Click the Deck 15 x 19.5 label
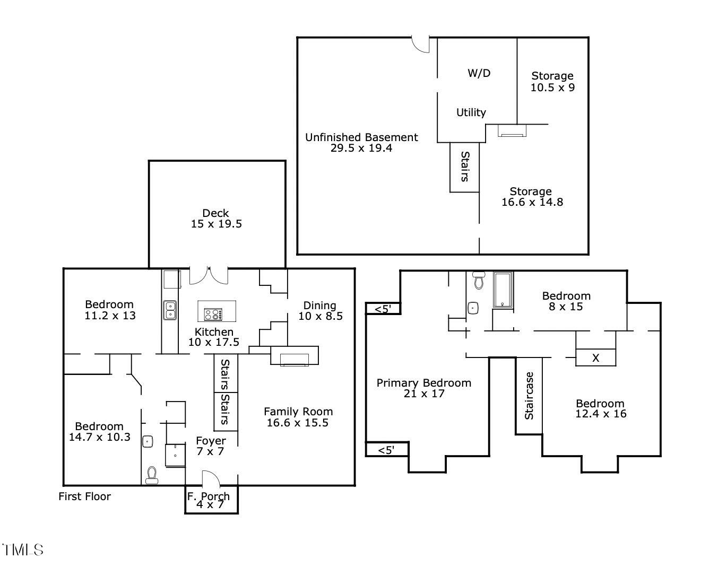pyautogui.click(x=216, y=219)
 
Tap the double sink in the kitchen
pyautogui.click(x=170, y=310)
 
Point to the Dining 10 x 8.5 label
pyautogui.click(x=320, y=311)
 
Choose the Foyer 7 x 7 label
pyautogui.click(x=211, y=446)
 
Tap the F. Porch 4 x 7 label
pyautogui.click(x=209, y=500)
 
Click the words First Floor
pyautogui.click(x=84, y=496)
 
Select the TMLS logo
pyautogui.click(x=22, y=549)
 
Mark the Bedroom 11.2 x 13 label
pyautogui.click(x=110, y=310)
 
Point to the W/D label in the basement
pyautogui.click(x=479, y=73)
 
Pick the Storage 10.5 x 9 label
pyautogui.click(x=552, y=82)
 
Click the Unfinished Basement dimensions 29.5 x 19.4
pyautogui.click(x=361, y=149)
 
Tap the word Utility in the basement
pyautogui.click(x=471, y=112)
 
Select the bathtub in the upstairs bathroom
pyautogui.click(x=502, y=290)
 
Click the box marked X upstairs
pyautogui.click(x=595, y=358)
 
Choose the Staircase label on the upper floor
pyautogui.click(x=529, y=396)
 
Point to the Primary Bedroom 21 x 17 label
pyautogui.click(x=423, y=388)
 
